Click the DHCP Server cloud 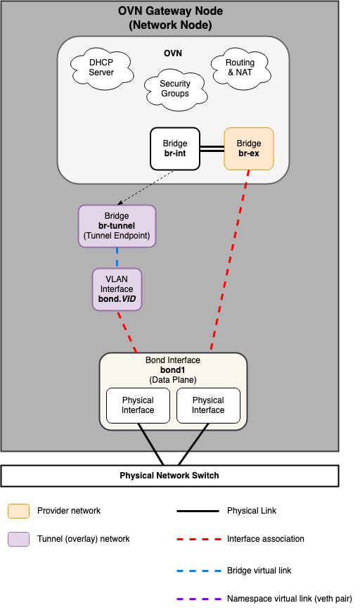(x=101, y=68)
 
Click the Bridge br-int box (x=175, y=148)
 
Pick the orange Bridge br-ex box (x=248, y=148)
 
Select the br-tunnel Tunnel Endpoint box (x=117, y=226)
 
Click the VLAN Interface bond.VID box (x=117, y=289)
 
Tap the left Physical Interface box (x=138, y=405)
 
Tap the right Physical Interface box (x=208, y=405)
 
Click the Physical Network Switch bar (x=169, y=476)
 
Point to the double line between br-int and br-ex (x=212, y=148)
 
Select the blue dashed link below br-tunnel (x=117, y=258)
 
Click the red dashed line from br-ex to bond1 (x=229, y=260)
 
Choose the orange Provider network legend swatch (x=18, y=511)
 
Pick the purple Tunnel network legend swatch (x=18, y=539)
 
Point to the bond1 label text (x=173, y=370)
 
